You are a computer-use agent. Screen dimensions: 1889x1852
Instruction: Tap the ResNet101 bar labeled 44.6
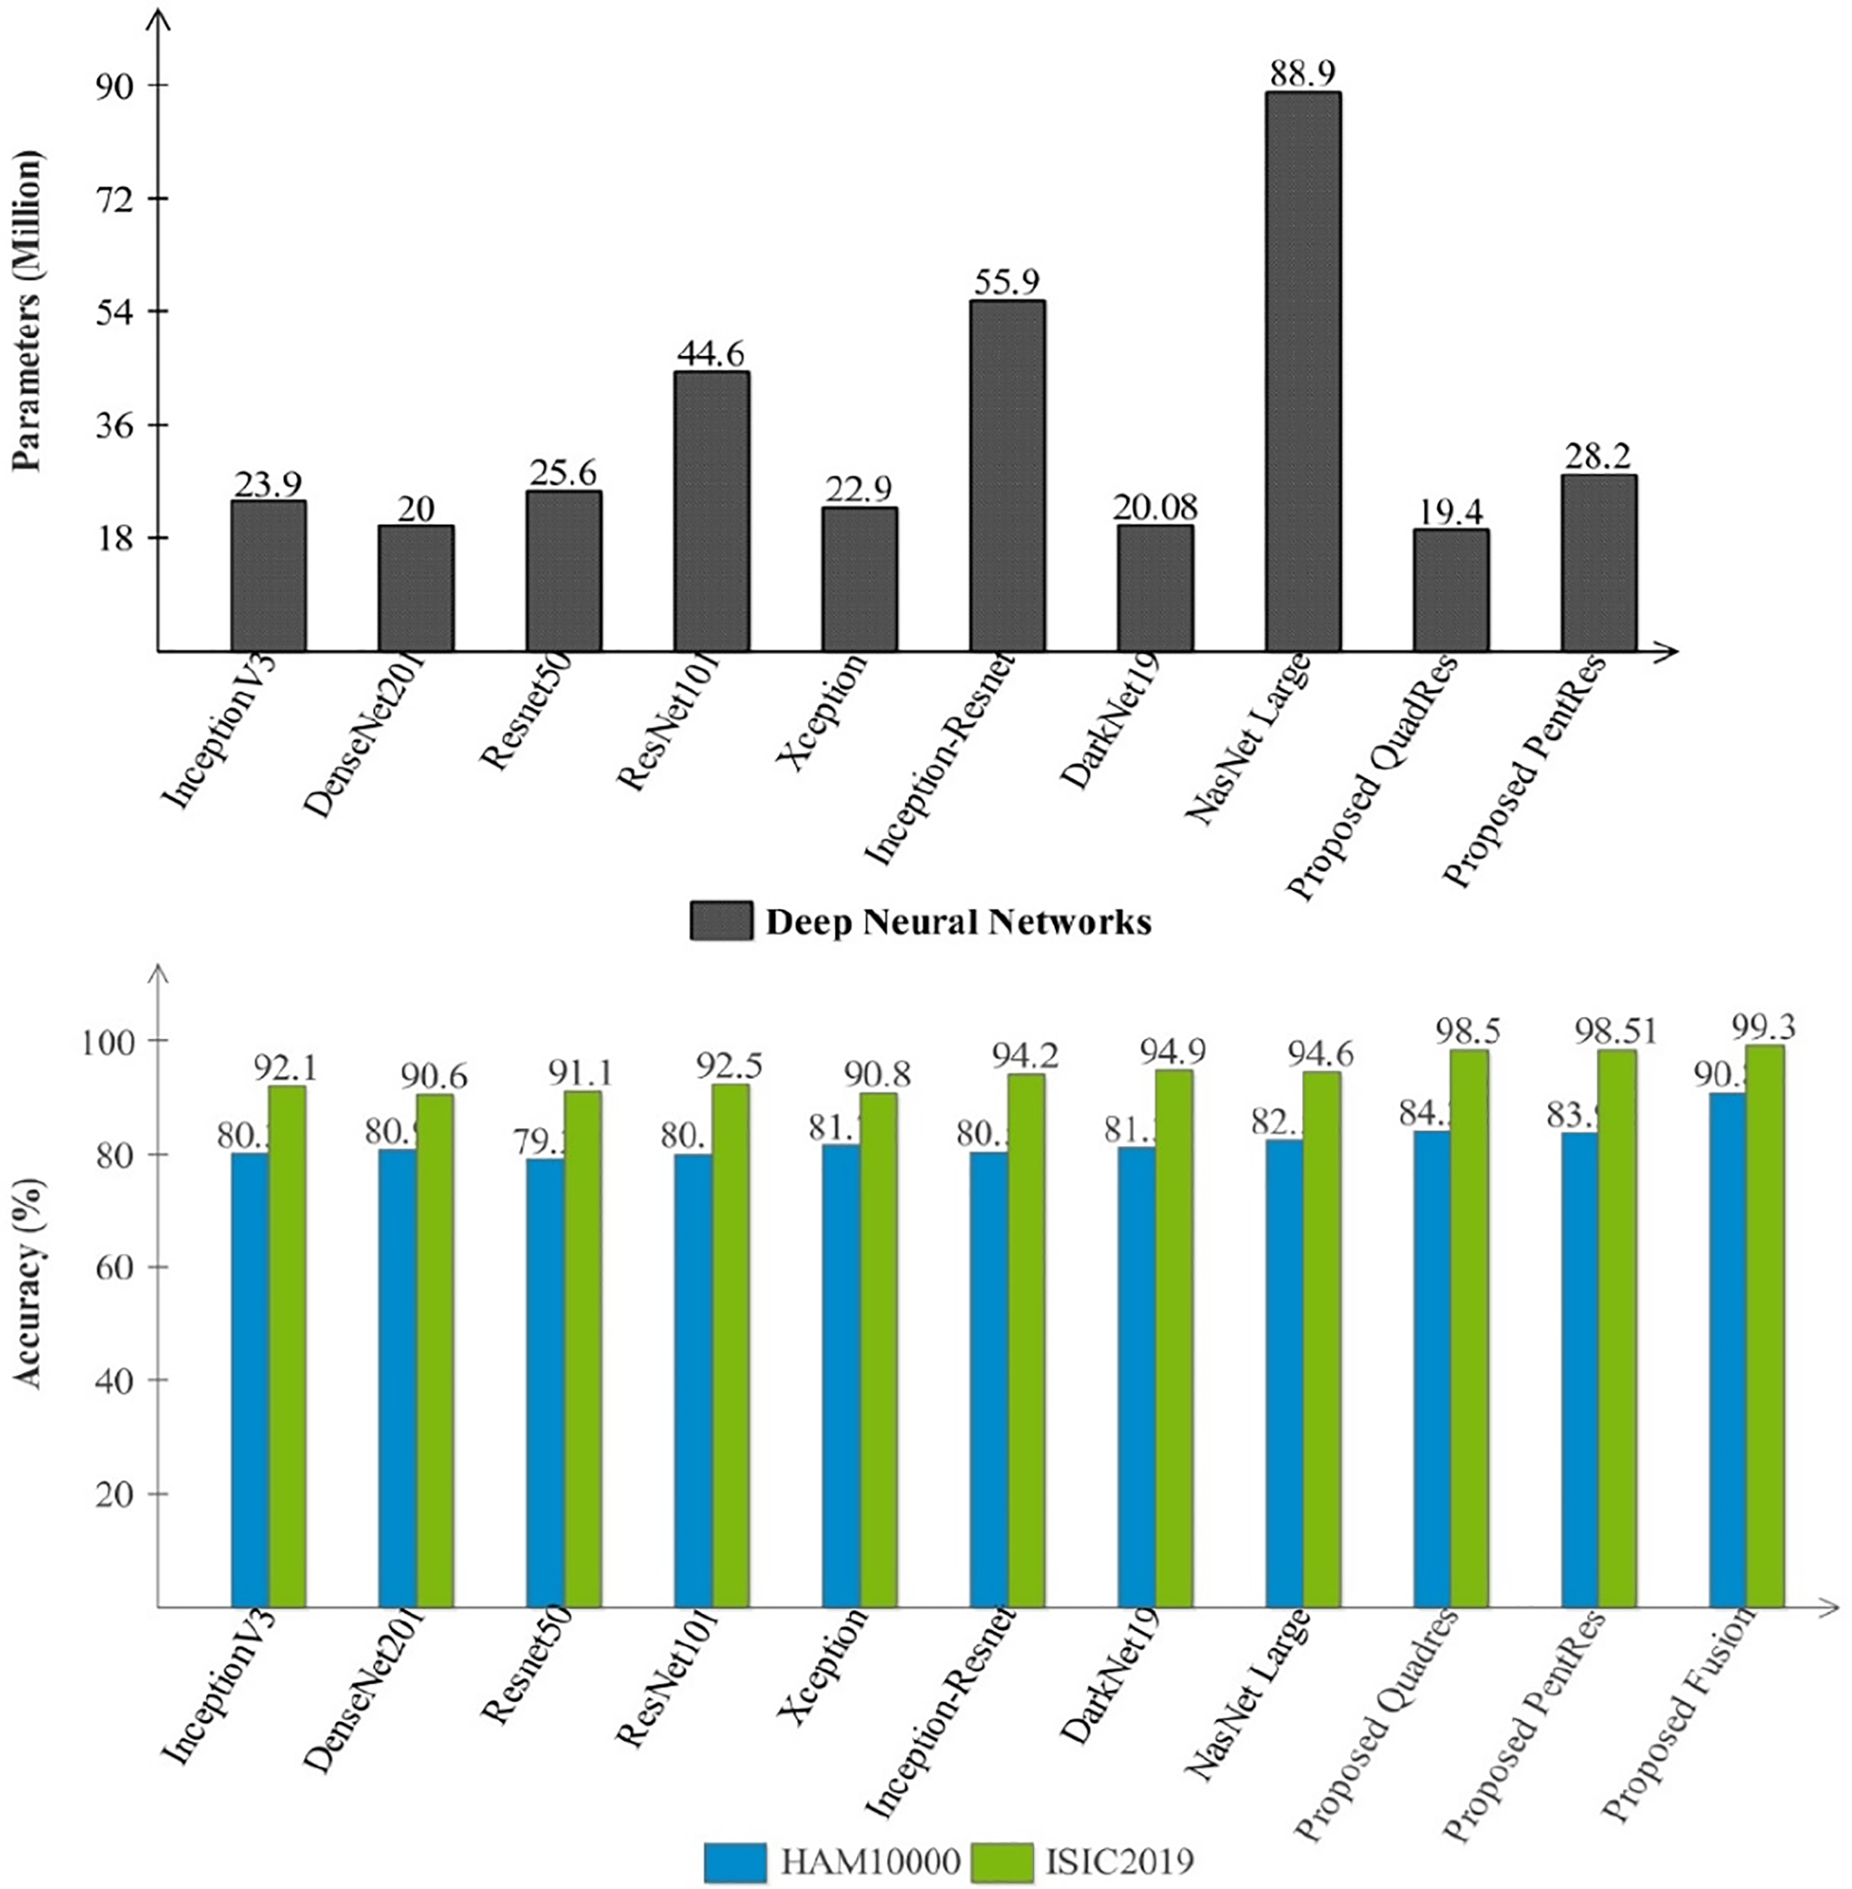click(712, 511)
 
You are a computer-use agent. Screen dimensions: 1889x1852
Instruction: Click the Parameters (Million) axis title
click(28, 311)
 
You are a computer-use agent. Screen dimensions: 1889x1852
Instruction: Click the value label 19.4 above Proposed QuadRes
click(1450, 512)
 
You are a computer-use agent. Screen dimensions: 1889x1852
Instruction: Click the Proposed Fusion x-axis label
click(1680, 1712)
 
